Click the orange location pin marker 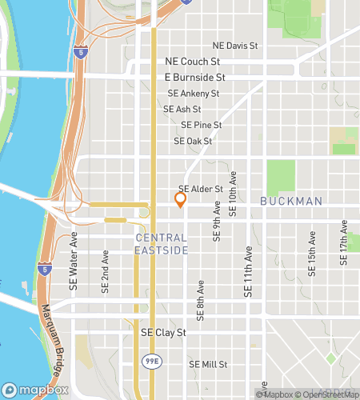pyautogui.click(x=180, y=199)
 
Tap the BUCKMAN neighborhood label pyautogui.click(x=292, y=201)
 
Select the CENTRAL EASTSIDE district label pyautogui.click(x=162, y=244)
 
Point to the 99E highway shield pyautogui.click(x=150, y=362)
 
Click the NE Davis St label pyautogui.click(x=236, y=46)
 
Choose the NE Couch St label pyautogui.click(x=192, y=61)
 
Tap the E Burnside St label pyautogui.click(x=195, y=78)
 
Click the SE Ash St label pyautogui.click(x=182, y=109)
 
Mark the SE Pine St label pyautogui.click(x=202, y=126)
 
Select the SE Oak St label pyautogui.click(x=193, y=142)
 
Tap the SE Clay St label pyautogui.click(x=163, y=332)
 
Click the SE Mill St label pyautogui.click(x=208, y=364)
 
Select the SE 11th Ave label pyautogui.click(x=248, y=272)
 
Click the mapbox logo pyautogui.click(x=36, y=390)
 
